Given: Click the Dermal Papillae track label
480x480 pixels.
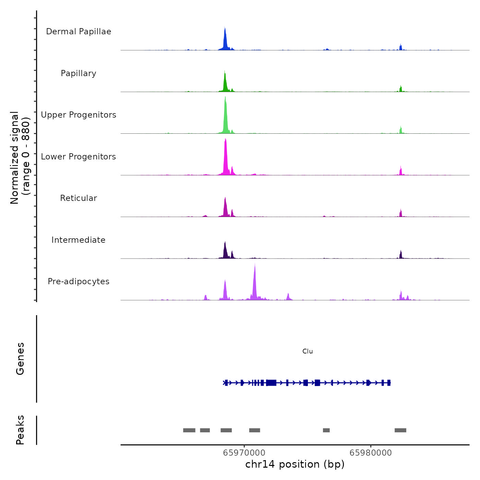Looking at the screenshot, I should [x=79, y=32].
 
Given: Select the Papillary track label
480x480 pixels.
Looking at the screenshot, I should [x=79, y=73].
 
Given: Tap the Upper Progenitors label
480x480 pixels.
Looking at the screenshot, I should [x=79, y=115].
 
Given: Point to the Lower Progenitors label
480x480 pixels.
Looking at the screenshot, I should [x=79, y=157].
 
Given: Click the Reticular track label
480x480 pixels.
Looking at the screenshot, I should [x=79, y=198].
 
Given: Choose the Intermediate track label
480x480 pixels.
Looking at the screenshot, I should [x=79, y=240].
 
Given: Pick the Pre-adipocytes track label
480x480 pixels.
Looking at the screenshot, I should [x=79, y=281].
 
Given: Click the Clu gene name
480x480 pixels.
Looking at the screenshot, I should [x=308, y=351].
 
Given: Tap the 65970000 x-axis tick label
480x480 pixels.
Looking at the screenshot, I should [x=244, y=453].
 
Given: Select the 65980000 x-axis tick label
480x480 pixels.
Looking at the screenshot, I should [x=371, y=453].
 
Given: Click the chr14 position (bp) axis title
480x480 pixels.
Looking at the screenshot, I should [x=295, y=464].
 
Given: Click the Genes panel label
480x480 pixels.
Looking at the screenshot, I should [x=20, y=359].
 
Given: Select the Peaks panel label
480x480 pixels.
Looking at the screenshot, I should [x=20, y=430].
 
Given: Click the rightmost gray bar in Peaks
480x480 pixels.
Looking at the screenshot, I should [x=400, y=430].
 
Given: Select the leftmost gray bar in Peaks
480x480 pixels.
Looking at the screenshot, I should [x=189, y=430].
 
